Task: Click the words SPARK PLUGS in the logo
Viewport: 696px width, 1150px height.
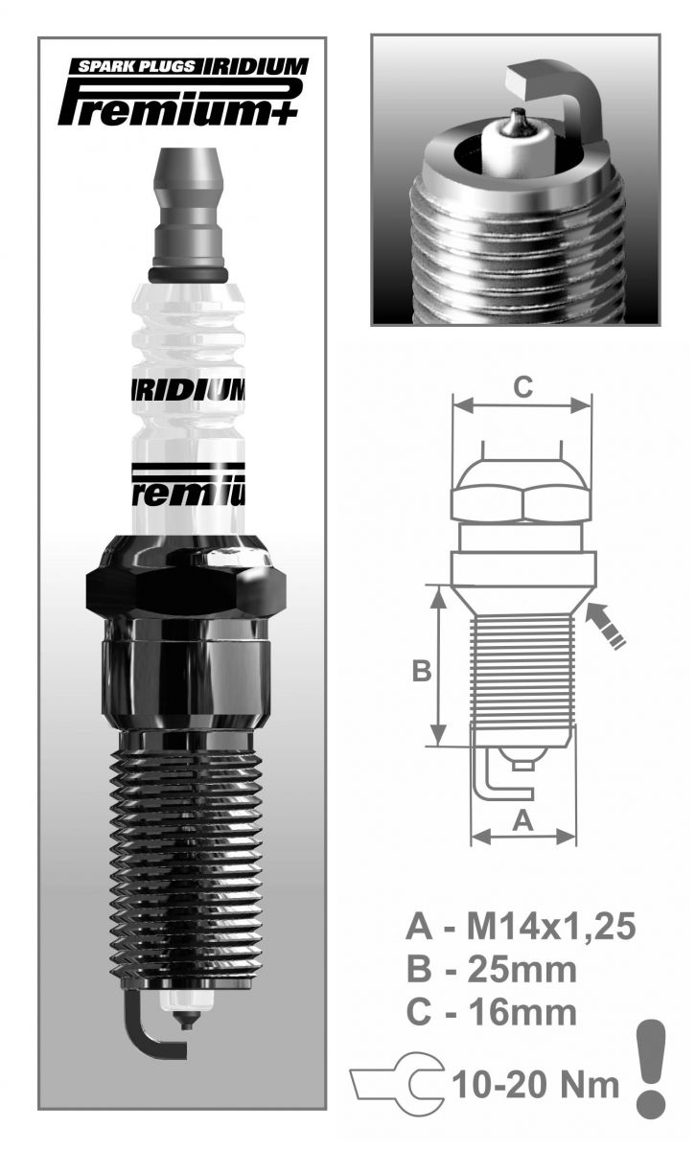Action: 137,66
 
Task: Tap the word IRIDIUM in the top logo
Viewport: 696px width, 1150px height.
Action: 256,67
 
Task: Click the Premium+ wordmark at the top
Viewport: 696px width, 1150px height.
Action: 177,105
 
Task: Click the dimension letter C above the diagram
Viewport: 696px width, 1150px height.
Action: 522,386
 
